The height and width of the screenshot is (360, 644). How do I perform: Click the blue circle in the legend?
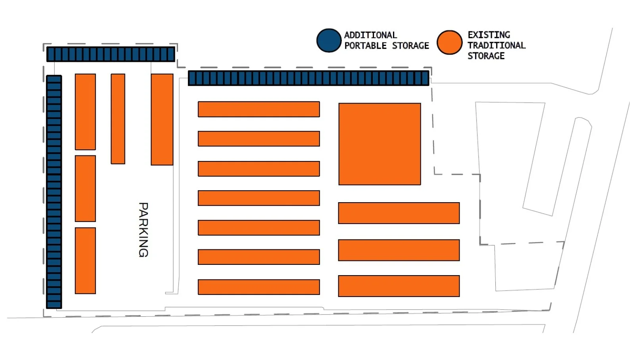[329, 40]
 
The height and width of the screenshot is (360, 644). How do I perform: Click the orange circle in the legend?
[449, 42]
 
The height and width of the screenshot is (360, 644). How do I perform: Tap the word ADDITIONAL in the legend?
[370, 35]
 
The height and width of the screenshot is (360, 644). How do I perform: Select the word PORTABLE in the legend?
[365, 46]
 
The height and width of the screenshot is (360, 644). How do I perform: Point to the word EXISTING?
[489, 35]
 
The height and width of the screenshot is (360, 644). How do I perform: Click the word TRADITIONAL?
[496, 45]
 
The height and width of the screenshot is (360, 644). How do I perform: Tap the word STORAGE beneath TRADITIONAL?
[486, 56]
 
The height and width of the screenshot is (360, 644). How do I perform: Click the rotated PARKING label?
[143, 230]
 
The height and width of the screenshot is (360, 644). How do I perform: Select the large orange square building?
[379, 144]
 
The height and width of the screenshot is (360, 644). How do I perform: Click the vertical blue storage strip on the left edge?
[54, 191]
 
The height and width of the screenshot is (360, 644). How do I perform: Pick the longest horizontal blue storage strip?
[309, 78]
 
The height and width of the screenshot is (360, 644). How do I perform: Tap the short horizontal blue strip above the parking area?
[111, 54]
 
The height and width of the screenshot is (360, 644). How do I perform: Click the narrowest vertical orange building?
[118, 119]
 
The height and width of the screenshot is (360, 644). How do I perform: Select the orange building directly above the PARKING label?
[162, 119]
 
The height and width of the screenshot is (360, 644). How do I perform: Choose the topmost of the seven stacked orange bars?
[259, 109]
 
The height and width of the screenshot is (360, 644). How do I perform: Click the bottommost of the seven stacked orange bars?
[259, 287]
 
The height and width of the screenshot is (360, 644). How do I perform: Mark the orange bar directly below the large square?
[399, 213]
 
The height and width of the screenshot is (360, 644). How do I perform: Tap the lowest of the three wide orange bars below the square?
[399, 286]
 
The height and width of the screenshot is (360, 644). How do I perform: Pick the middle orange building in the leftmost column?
[85, 188]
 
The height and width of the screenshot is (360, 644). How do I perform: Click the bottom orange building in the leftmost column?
[85, 260]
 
